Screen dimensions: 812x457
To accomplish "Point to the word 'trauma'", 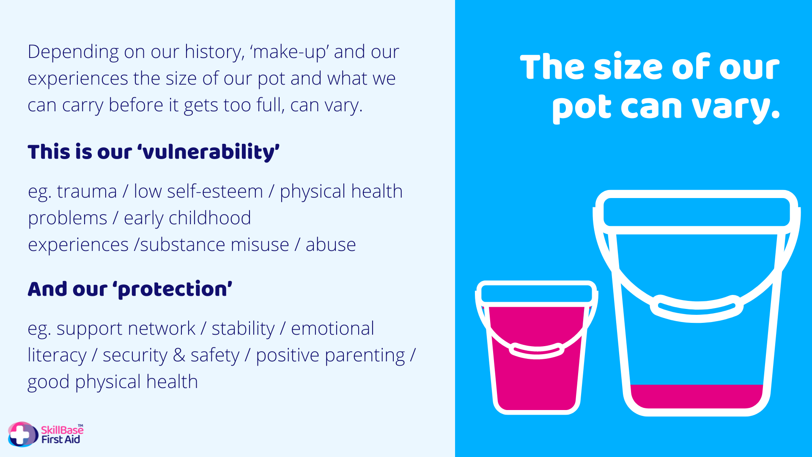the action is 87,191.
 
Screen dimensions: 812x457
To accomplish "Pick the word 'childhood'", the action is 210,218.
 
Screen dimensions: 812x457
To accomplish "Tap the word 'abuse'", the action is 331,245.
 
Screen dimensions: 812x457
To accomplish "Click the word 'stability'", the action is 243,329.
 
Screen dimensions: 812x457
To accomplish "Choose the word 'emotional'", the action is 332,328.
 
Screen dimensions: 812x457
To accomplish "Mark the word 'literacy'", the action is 57,355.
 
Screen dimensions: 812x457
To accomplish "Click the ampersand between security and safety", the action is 179,355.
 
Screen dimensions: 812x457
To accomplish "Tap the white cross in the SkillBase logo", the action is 19,435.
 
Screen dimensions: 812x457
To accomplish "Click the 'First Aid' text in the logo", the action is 60,440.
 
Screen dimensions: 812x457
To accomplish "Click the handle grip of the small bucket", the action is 537,350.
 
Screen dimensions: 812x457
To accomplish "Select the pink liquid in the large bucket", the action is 697,396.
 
